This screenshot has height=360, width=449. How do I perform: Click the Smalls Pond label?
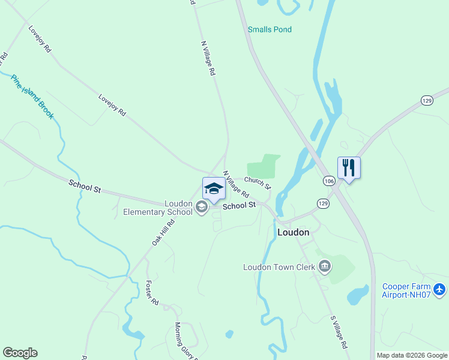270,29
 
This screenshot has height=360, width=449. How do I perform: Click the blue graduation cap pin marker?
214,189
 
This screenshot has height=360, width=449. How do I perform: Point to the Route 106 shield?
329,180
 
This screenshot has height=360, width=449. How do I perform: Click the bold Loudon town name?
293,232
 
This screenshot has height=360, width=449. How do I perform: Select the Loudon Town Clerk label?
279,267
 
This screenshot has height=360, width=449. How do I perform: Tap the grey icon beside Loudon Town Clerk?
325,266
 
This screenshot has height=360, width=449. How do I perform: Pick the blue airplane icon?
440,290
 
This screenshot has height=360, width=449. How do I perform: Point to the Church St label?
258,182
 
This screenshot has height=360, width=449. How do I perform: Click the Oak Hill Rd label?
163,232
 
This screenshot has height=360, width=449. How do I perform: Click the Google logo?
20,353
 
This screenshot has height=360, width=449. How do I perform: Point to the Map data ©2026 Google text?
411,355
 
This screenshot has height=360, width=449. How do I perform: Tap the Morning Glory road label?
187,341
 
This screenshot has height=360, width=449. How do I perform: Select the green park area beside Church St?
263,166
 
